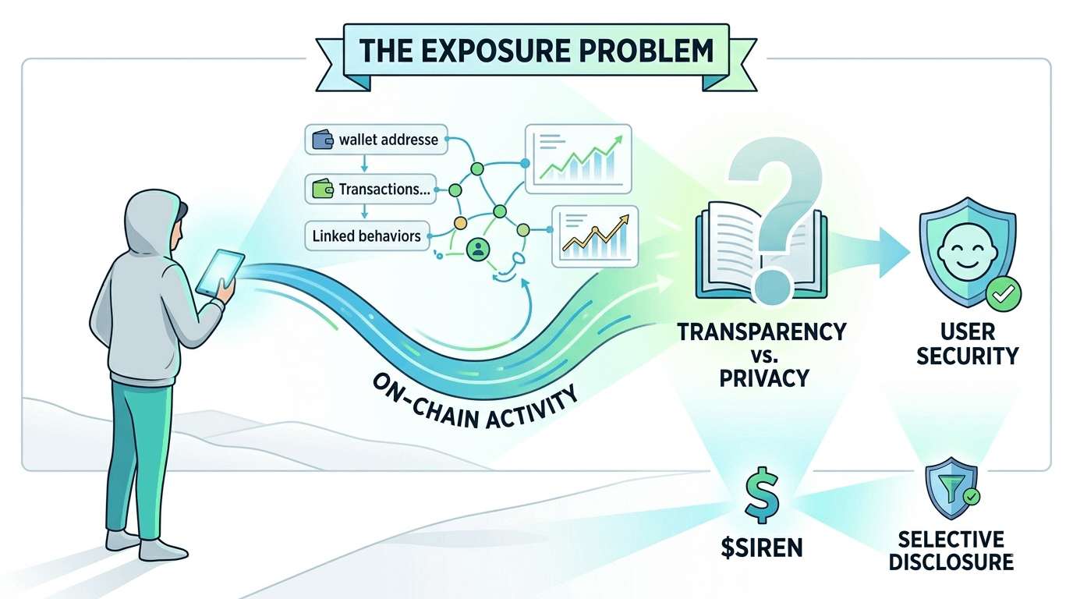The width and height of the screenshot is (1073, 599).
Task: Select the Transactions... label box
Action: [373, 189]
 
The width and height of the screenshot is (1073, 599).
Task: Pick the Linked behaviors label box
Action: [367, 235]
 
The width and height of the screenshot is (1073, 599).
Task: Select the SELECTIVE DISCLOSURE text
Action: [950, 550]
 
